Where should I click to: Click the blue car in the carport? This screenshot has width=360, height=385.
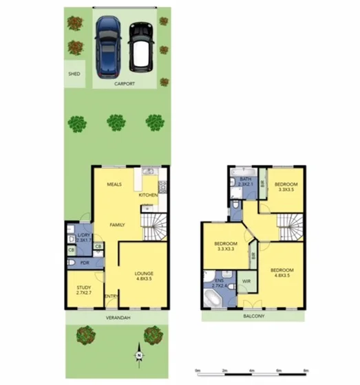[x=109, y=47]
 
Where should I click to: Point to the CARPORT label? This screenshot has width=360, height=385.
[x=125, y=84]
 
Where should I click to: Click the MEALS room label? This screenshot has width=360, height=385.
[x=114, y=185]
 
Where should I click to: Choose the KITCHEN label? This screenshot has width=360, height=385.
[x=149, y=195]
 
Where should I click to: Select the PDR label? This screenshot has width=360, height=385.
[x=85, y=263]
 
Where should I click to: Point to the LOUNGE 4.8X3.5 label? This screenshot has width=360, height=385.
[x=144, y=276]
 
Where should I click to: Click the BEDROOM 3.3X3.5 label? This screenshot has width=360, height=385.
[x=286, y=187]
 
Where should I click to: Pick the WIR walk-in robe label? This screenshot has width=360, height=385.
[x=246, y=282]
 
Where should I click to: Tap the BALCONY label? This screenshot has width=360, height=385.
[x=253, y=317]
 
